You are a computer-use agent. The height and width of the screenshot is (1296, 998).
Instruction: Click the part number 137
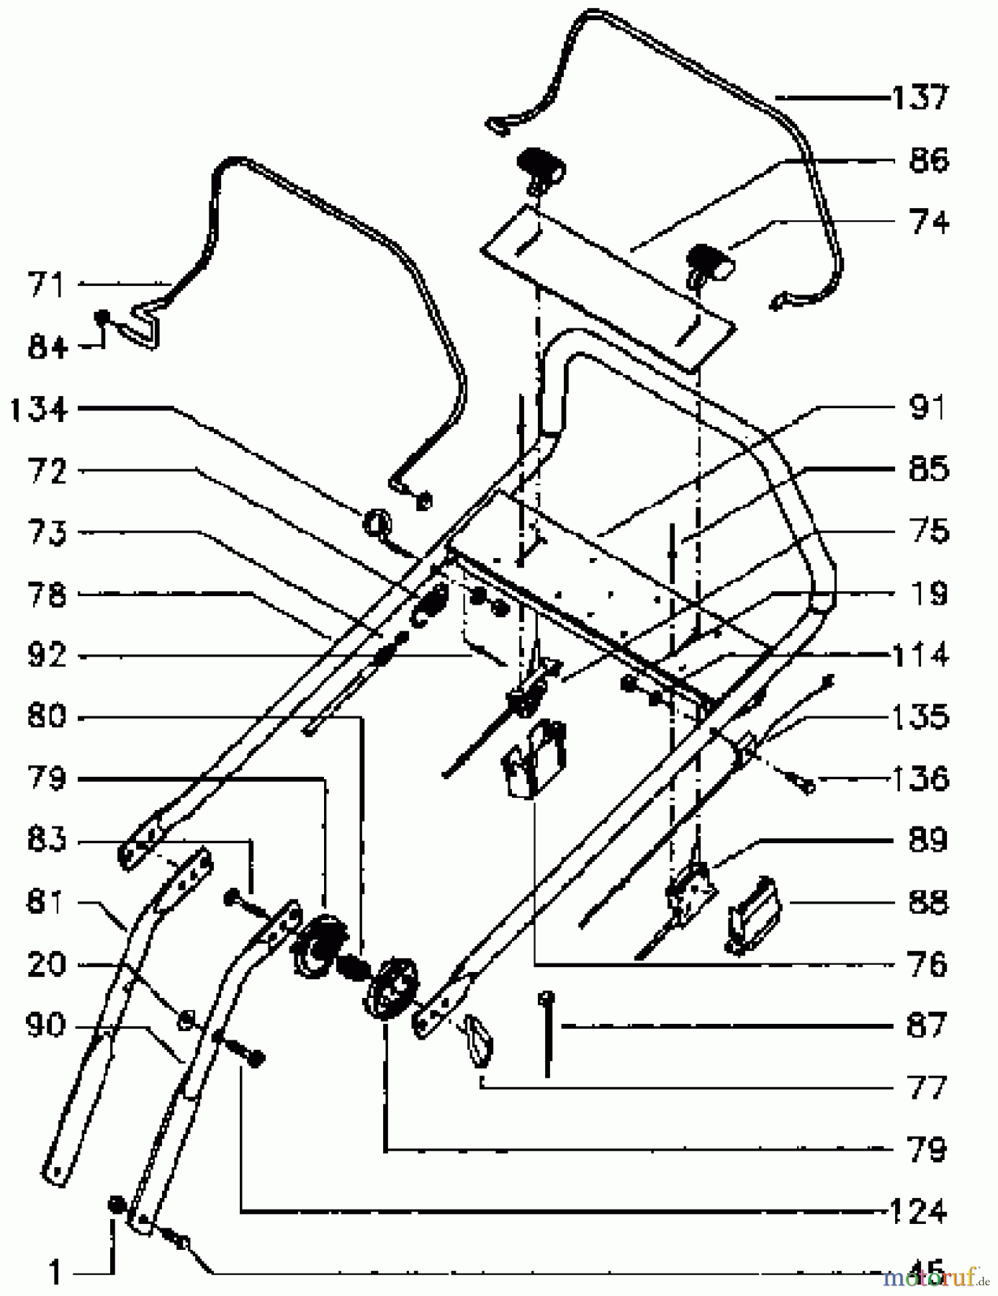tap(920, 97)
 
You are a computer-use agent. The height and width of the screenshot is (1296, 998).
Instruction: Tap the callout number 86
tap(929, 160)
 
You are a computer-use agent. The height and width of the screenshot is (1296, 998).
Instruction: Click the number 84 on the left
tap(48, 347)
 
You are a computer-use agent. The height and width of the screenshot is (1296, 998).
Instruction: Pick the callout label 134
tap(39, 410)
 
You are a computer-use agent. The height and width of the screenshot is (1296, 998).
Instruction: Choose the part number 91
tap(927, 408)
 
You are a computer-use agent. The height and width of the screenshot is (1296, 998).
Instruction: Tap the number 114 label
tap(919, 655)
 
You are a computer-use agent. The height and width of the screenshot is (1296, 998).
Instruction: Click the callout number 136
tap(919, 779)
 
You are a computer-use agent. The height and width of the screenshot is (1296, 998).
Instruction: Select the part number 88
tap(927, 902)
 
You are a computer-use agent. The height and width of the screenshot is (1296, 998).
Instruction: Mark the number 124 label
tap(916, 1212)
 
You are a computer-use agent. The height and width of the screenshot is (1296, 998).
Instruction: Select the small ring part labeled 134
tap(377, 522)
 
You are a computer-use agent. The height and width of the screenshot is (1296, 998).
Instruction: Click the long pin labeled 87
tap(549, 1034)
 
